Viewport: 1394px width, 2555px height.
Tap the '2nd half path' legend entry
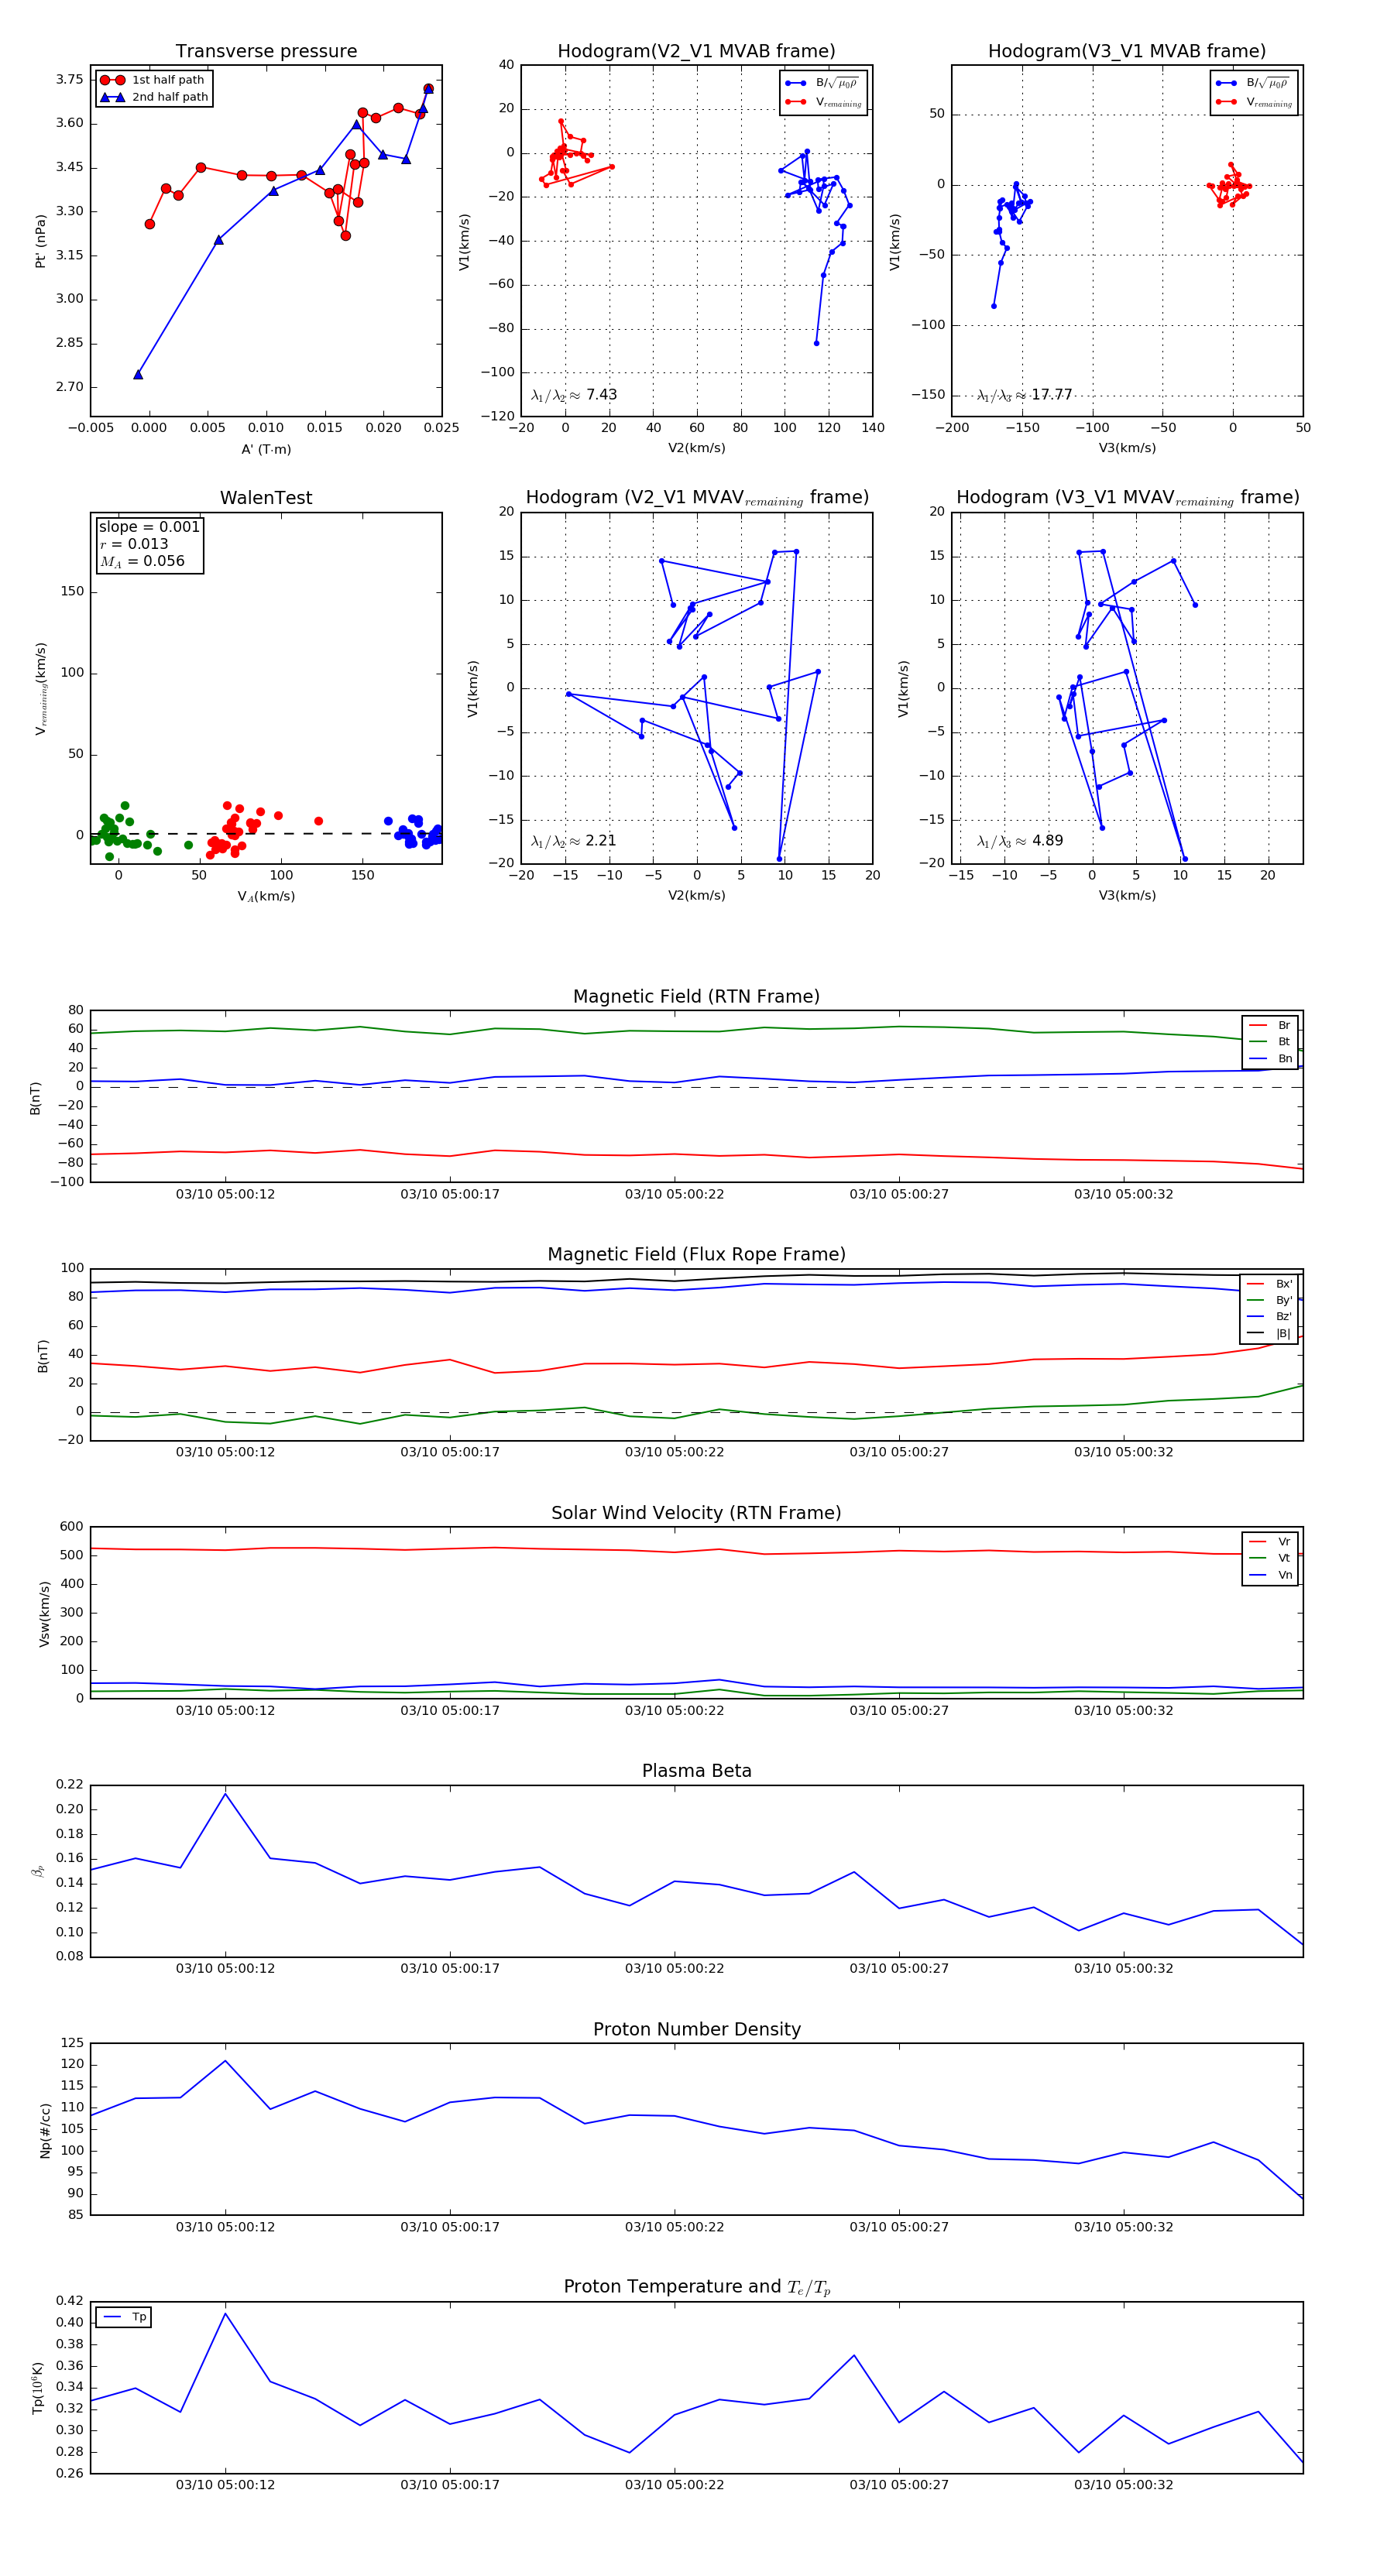pyautogui.click(x=170, y=98)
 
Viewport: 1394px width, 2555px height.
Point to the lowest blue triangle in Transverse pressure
pyautogui.click(x=138, y=374)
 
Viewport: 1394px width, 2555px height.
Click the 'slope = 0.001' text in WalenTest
pyautogui.click(x=149, y=526)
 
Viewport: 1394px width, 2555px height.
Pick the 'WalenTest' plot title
pyautogui.click(x=266, y=498)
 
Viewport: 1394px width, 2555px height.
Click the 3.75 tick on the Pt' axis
pyautogui.click(x=70, y=79)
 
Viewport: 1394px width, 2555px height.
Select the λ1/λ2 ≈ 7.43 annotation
pyautogui.click(x=573, y=395)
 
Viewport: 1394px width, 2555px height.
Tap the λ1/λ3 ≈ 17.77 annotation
pyautogui.click(x=1024, y=395)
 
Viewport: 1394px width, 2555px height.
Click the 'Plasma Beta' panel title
pyautogui.click(x=696, y=1771)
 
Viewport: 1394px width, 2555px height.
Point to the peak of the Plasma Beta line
pyautogui.click(x=225, y=1793)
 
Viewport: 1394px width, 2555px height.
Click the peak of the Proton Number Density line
pyautogui.click(x=225, y=2060)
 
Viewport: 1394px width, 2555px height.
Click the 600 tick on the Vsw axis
pyautogui.click(x=71, y=1527)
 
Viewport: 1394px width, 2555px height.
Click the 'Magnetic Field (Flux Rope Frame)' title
pyautogui.click(x=696, y=1255)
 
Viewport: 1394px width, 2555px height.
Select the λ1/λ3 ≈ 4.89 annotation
pyautogui.click(x=1020, y=841)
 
